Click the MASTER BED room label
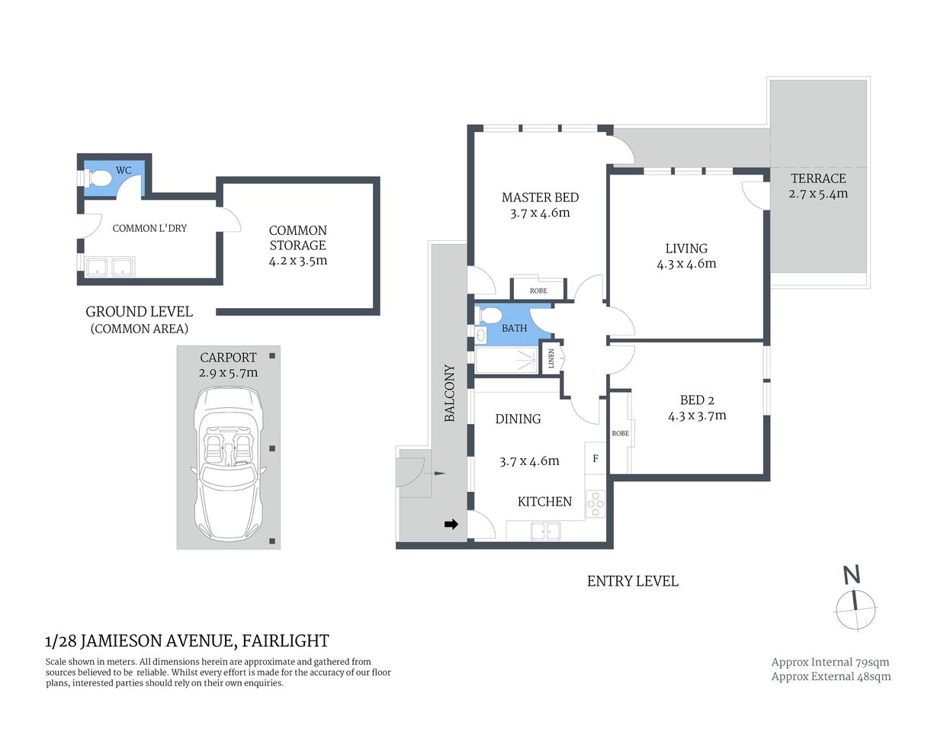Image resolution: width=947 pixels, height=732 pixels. pos(540,197)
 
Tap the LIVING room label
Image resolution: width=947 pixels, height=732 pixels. pos(686,249)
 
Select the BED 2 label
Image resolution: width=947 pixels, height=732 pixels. pos(697,400)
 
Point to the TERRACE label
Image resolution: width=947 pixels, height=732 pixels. pos(818,178)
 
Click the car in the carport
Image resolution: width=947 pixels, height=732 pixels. pos(228,463)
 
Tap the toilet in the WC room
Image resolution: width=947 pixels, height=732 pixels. pos(99,178)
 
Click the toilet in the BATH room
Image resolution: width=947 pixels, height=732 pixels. pos(488,315)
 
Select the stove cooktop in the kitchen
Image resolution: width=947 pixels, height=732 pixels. pos(595,504)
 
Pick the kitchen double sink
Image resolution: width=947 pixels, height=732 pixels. pos(545,531)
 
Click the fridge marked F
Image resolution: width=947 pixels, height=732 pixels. pos(595,458)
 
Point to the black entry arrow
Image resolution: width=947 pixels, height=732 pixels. pos(451,524)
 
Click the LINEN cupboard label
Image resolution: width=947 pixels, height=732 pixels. pos(551,358)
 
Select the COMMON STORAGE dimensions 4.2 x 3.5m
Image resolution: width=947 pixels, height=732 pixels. pos(298,261)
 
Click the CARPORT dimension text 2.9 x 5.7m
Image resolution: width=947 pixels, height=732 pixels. pos(228,373)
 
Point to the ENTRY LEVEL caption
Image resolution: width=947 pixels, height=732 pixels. pos(632,581)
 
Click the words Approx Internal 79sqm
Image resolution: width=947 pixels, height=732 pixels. pos(830,663)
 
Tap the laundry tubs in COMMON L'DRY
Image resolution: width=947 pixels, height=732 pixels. pos(110,268)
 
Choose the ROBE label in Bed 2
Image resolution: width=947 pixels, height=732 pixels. pos(621,433)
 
